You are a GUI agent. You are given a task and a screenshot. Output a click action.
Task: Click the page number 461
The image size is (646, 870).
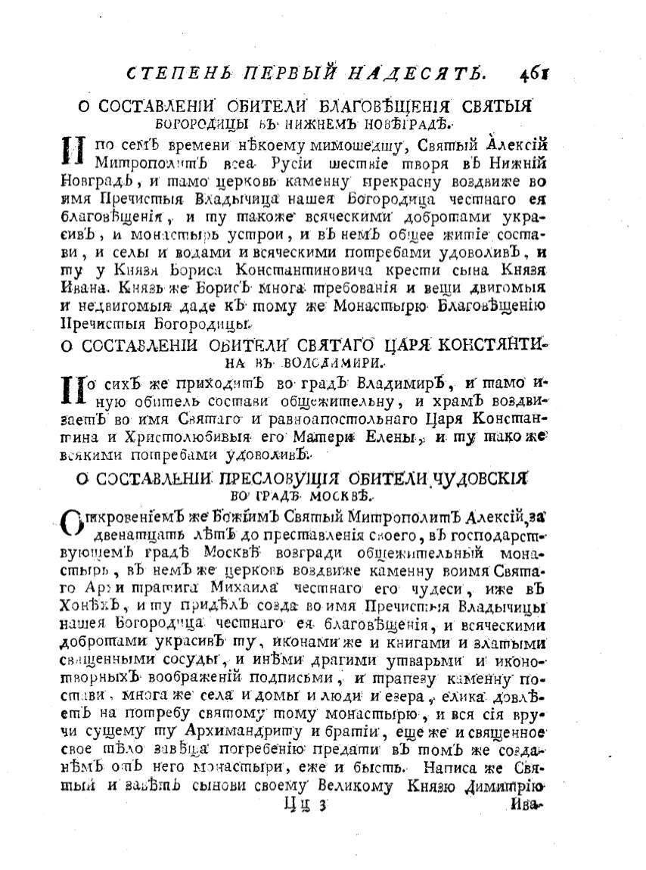pos(533,73)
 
